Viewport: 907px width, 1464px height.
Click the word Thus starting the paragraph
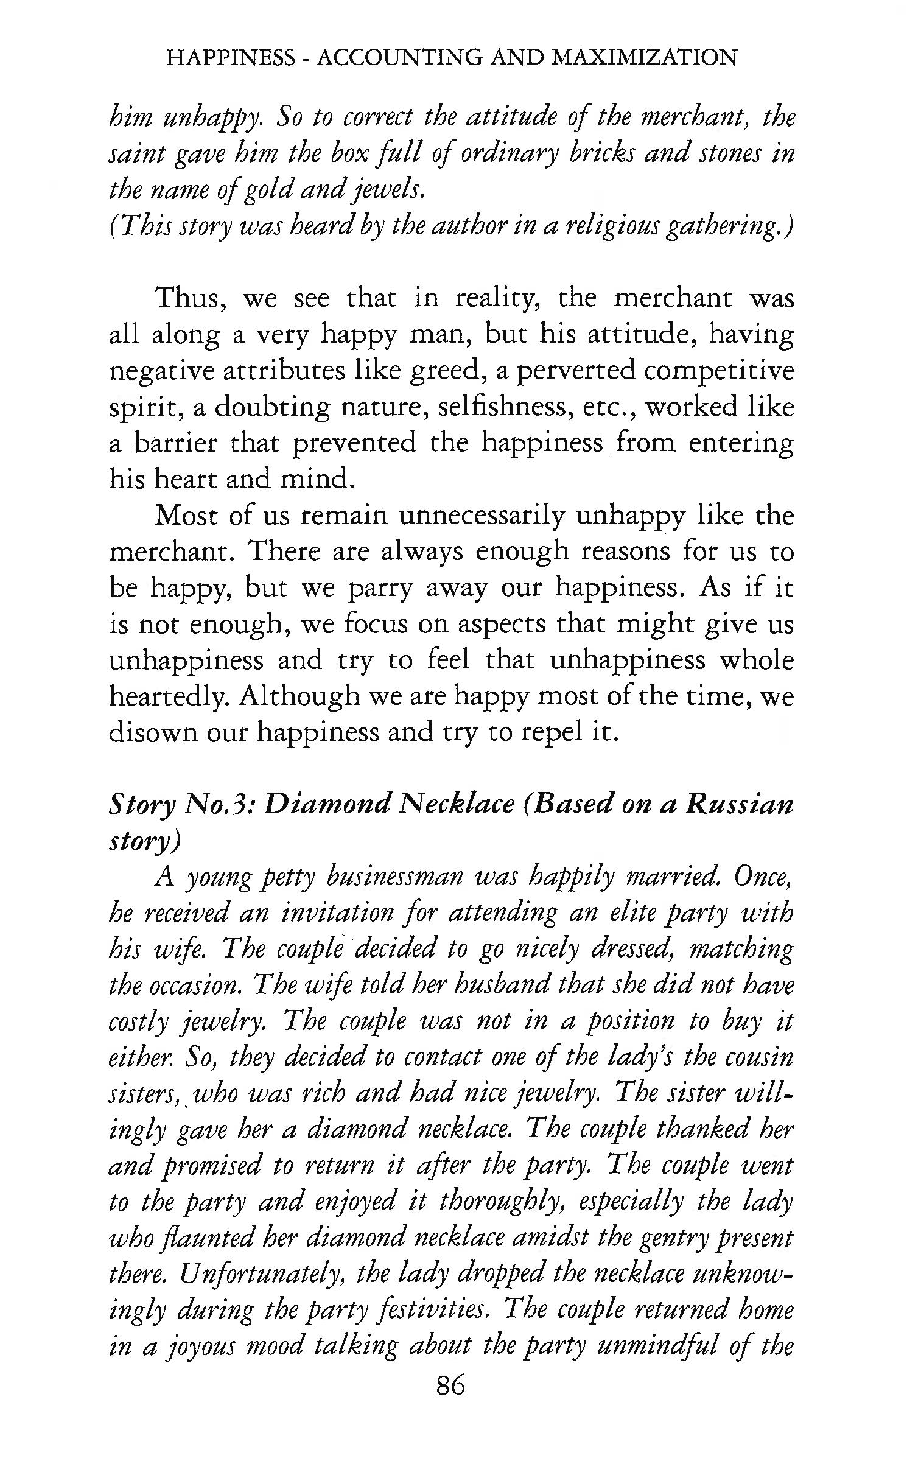pos(191,299)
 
